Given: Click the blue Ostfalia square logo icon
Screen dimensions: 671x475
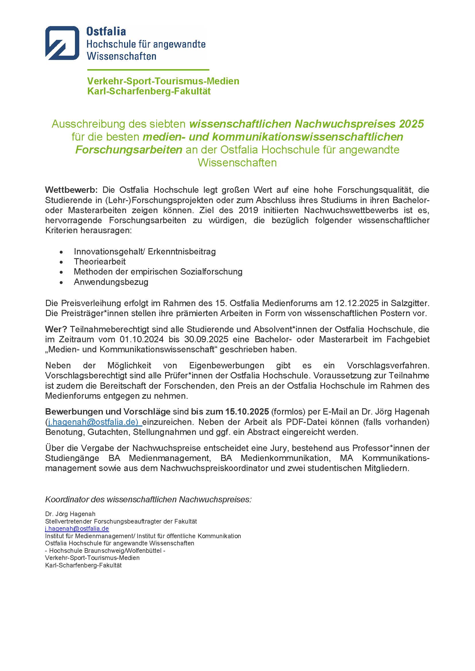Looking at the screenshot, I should tap(62, 43).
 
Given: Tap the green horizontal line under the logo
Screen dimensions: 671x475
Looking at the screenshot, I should tap(148, 70).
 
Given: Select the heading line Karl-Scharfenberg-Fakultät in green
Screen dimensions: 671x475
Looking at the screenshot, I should tap(149, 91).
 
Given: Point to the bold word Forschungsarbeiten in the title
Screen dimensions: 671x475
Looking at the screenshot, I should tap(129, 150).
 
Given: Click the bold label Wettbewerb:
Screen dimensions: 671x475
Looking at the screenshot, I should tap(72, 190).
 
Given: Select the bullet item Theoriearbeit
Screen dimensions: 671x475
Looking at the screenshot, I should tap(100, 262).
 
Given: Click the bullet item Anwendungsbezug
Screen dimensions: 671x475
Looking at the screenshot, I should tap(111, 282).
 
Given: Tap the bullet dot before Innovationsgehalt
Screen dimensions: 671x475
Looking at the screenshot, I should tap(61, 252).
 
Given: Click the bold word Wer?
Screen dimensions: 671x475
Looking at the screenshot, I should tap(56, 329).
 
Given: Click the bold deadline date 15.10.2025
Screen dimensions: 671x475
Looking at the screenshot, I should tap(247, 411).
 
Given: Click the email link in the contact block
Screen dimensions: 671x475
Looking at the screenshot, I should tap(77, 528).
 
